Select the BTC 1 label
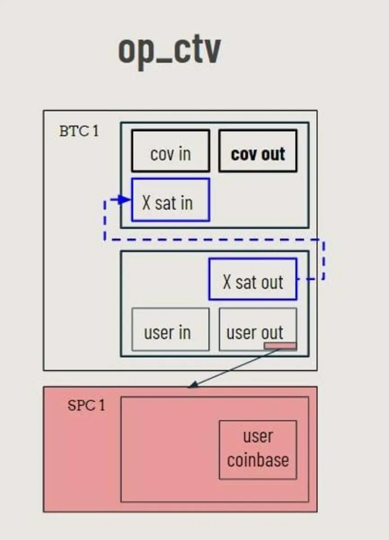click(x=79, y=131)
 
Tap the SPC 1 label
click(x=86, y=405)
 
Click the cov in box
click(x=170, y=151)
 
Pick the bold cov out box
click(x=258, y=151)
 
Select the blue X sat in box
click(x=170, y=200)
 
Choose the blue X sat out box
click(x=253, y=279)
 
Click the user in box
click(x=170, y=329)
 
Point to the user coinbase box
click(x=258, y=450)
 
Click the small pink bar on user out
click(x=280, y=346)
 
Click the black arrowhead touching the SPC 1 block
click(x=192, y=385)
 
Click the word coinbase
click(x=258, y=460)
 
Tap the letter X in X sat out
click(x=227, y=283)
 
